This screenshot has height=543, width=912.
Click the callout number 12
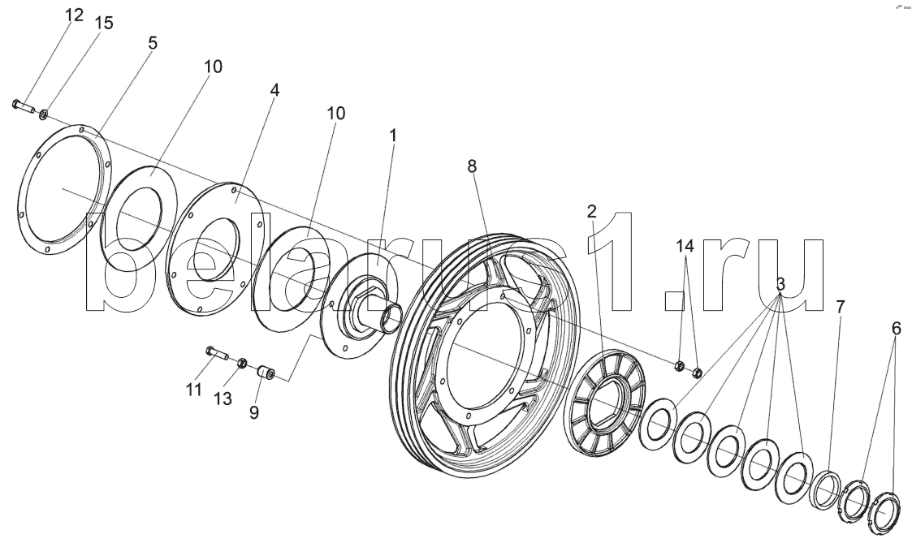coord(74,15)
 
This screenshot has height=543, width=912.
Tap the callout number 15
coord(103,23)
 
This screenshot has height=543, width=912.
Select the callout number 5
coord(152,42)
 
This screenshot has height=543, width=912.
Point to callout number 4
coord(274,90)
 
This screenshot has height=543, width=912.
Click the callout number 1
coord(393,136)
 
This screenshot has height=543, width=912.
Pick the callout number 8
coord(472,166)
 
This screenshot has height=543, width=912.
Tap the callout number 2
coord(592,213)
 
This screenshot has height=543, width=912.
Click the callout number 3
coord(780,285)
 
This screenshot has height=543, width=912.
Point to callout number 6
coord(896,329)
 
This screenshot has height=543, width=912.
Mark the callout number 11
coord(192,390)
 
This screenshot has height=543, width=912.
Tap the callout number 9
coord(254,412)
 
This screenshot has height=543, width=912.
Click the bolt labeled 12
coord(22,105)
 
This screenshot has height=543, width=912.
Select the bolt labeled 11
coord(214,353)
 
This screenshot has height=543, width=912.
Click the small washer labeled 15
coord(43,111)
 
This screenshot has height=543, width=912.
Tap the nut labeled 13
coord(241,363)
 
